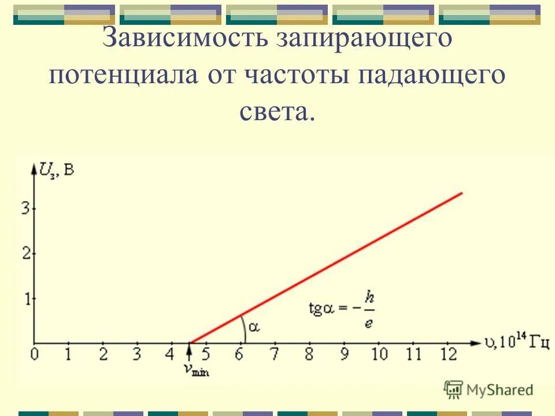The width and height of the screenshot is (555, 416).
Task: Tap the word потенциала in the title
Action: tap(125, 76)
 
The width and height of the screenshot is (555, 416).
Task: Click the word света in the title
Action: tap(277, 112)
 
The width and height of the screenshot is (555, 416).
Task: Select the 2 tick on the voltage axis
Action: tap(25, 253)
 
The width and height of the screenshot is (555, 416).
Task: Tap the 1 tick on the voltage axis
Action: tap(25, 298)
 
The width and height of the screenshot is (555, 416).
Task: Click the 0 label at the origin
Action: tap(35, 354)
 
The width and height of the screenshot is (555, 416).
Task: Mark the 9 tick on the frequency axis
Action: tap(345, 354)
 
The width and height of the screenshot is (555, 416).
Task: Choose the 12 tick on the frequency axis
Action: tap(448, 354)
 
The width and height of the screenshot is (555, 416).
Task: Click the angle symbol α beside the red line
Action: tap(254, 328)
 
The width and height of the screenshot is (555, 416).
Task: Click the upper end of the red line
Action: tap(461, 193)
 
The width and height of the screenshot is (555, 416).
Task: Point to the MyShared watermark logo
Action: tap(489, 390)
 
